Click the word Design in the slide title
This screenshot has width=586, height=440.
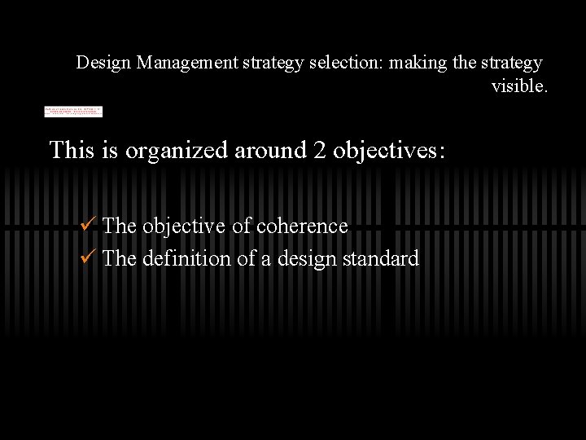pos(104,63)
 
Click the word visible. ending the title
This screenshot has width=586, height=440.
pos(519,86)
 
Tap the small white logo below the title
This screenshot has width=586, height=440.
pos(73,112)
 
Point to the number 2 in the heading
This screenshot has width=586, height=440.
pos(320,150)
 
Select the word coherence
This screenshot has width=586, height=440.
pos(302,226)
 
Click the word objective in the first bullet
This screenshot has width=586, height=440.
pos(183,227)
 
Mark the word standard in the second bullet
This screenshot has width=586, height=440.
pos(381,258)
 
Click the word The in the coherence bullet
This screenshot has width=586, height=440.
pos(120,226)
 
